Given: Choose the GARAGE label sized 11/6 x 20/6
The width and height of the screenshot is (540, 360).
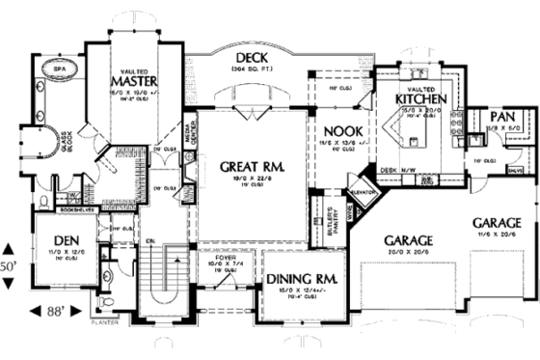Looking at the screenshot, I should tap(497, 221).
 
